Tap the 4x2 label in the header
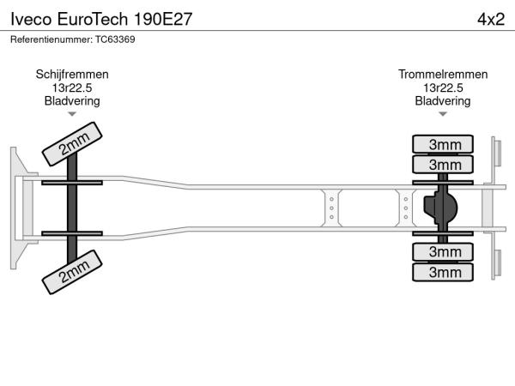pos(489,18)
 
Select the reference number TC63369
pos(73,39)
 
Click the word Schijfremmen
pos(72,75)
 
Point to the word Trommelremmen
pos(443,75)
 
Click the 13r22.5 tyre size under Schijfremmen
pos(72,87)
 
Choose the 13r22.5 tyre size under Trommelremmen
pos(443,87)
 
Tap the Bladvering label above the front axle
pos(72,100)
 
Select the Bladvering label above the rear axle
pos(443,100)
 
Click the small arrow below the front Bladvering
pos(72,114)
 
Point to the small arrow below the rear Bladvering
pos(443,114)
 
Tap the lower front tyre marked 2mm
pos(74,273)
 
